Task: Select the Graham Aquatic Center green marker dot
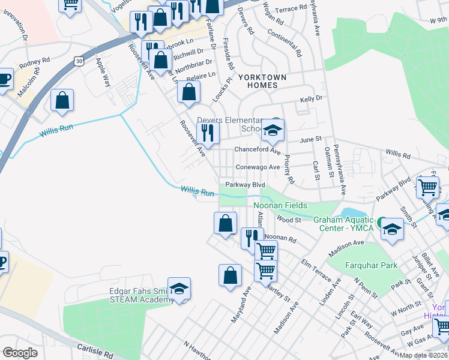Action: point(382,221)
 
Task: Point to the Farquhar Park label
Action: point(372,265)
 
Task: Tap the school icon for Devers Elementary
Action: point(273,130)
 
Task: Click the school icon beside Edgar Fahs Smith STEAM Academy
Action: point(179,289)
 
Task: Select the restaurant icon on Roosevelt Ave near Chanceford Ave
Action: point(208,133)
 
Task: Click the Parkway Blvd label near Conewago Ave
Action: point(245,185)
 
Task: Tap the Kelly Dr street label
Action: point(312,98)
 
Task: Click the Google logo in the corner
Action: point(20,352)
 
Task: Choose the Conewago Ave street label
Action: point(258,167)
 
